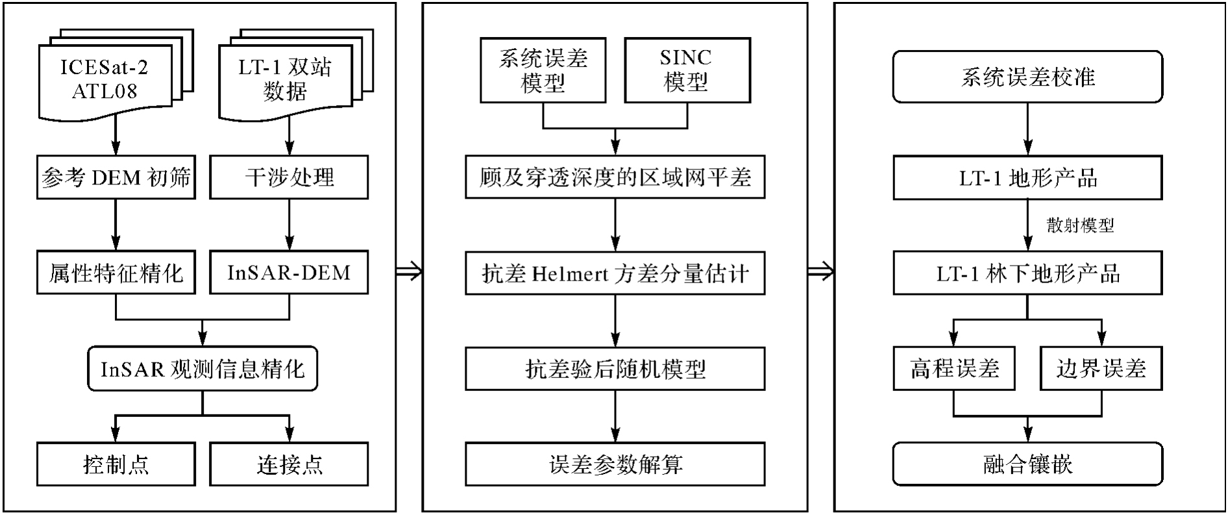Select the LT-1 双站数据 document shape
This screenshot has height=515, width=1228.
click(285, 79)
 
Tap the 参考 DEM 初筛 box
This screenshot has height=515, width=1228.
click(116, 177)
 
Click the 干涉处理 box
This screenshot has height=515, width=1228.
click(289, 177)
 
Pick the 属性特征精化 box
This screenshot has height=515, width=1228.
click(116, 273)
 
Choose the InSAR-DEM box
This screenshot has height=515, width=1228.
click(289, 273)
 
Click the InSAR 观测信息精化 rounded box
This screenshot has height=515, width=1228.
click(203, 369)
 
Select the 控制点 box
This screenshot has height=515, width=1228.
click(116, 464)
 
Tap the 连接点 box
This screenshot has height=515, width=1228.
click(289, 464)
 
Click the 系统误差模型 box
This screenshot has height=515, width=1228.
click(543, 70)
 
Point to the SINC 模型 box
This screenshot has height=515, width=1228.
click(687, 70)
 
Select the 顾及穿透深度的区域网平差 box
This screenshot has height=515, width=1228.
click(615, 177)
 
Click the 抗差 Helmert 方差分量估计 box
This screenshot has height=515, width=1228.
click(615, 273)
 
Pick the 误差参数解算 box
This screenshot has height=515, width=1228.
click(615, 464)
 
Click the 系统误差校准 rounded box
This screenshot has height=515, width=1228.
click(1027, 77)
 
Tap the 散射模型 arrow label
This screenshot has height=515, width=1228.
click(1080, 225)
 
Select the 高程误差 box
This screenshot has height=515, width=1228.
click(953, 369)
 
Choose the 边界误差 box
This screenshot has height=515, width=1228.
click(1101, 369)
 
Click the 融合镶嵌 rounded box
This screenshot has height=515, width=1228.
click(1027, 464)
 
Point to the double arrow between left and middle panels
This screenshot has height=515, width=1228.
click(409, 271)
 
